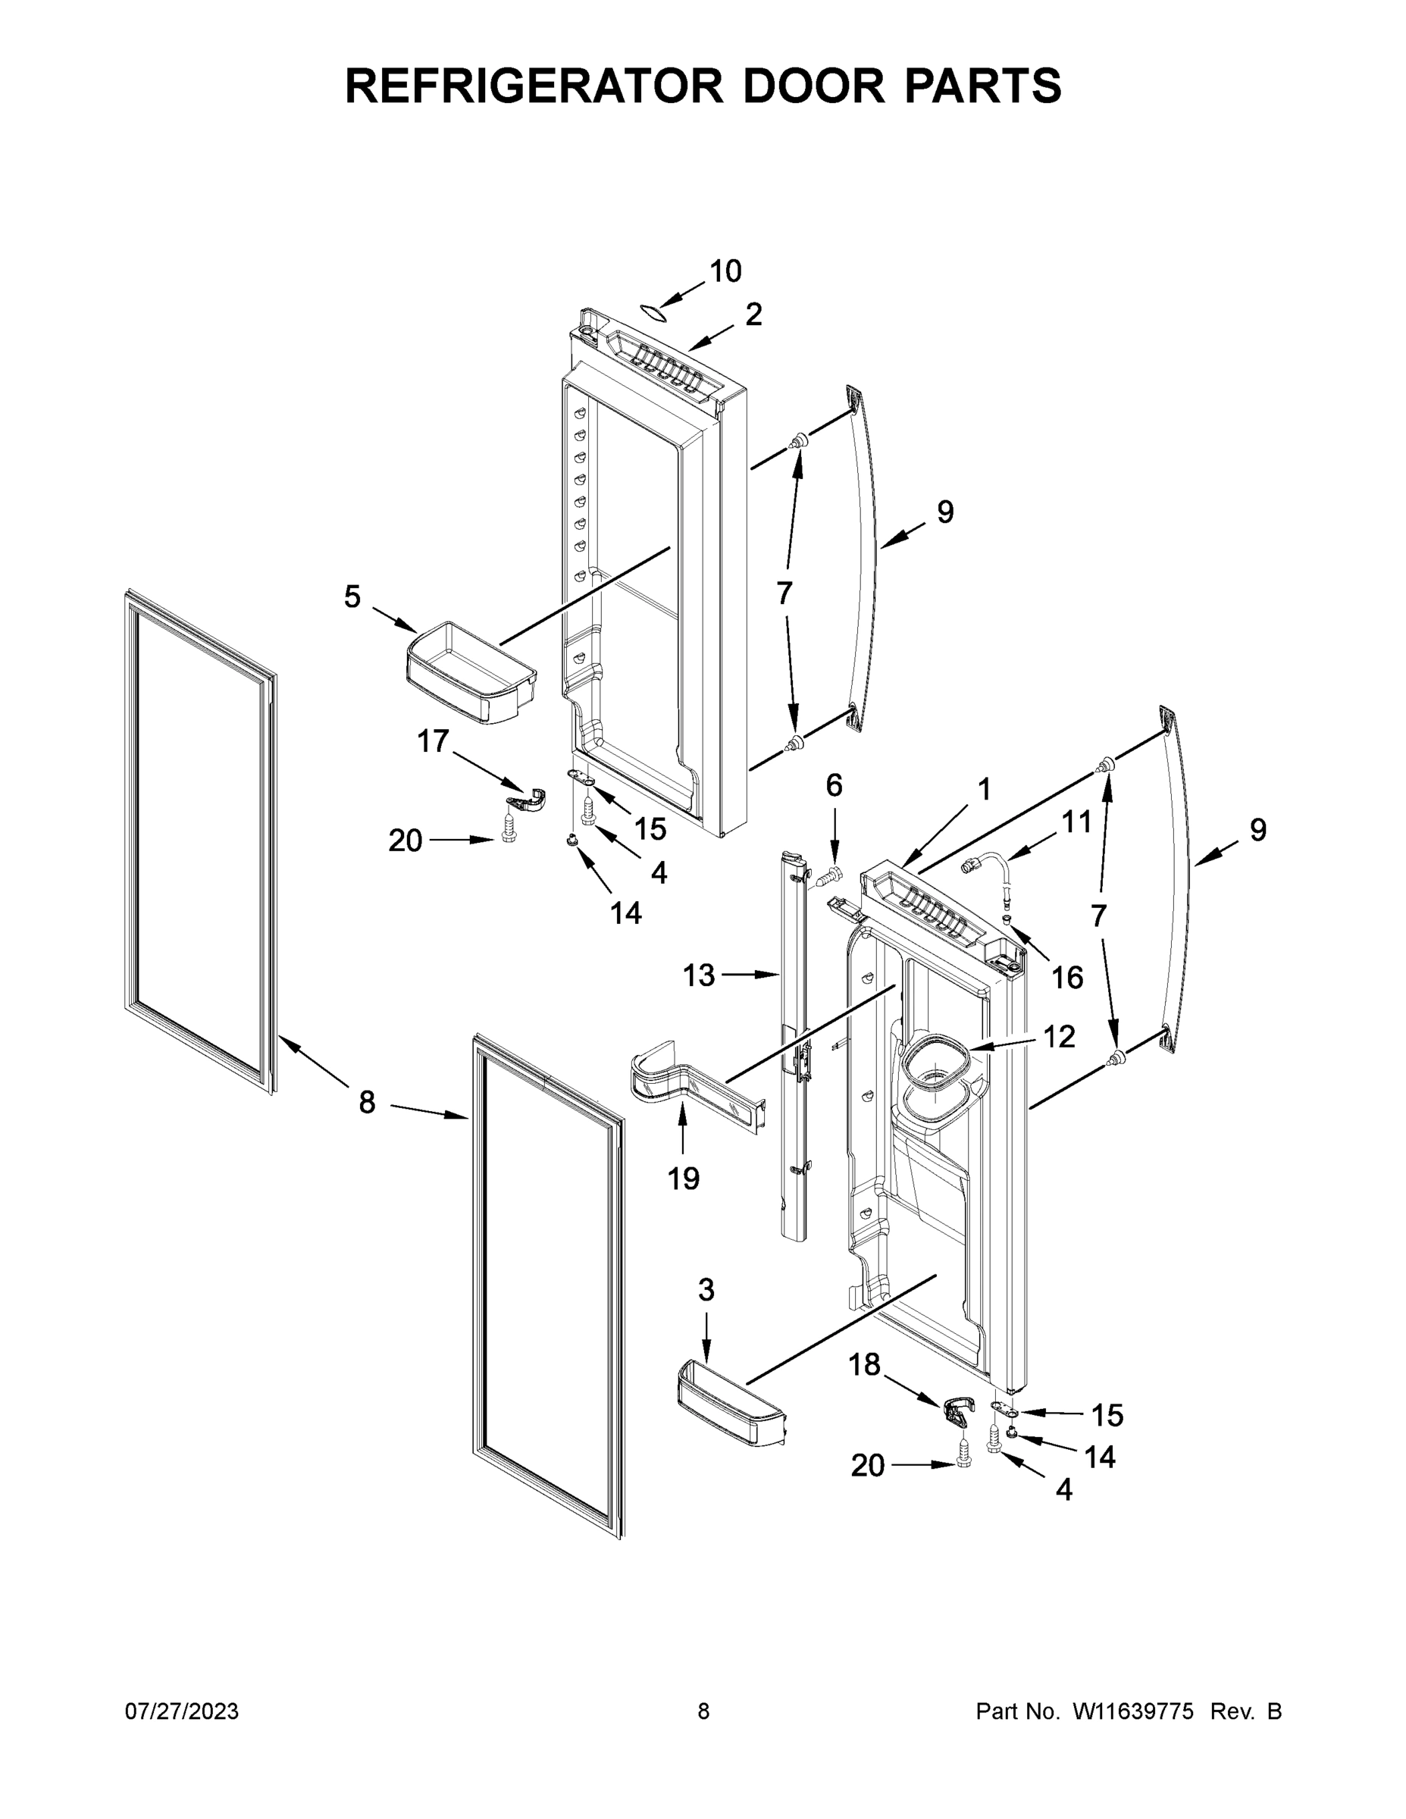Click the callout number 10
(725, 271)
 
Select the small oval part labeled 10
(654, 312)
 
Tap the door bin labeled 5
(470, 673)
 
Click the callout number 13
(699, 975)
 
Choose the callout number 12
(1059, 1037)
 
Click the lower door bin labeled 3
(731, 1401)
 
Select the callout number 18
(864, 1364)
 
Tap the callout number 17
(433, 740)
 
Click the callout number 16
(1067, 978)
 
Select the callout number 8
(367, 1103)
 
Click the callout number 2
(753, 315)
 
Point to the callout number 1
(985, 789)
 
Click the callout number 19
(683, 1179)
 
